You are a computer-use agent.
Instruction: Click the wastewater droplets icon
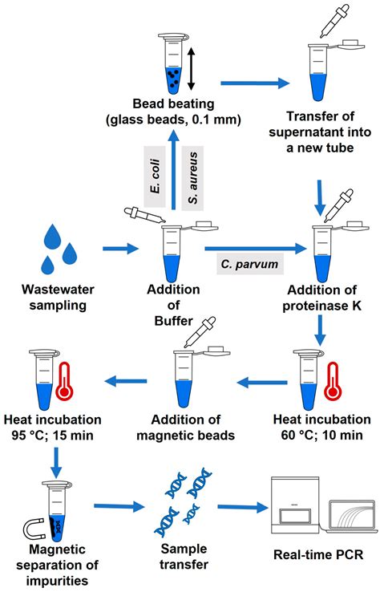tap(61, 248)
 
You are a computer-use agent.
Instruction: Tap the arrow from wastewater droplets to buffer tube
tap(119, 249)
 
